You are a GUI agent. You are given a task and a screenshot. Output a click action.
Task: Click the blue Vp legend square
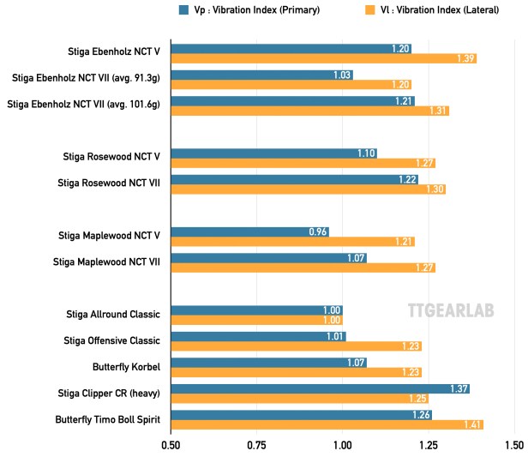pos(184,9)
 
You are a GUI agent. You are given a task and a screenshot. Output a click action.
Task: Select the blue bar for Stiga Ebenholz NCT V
pos(291,49)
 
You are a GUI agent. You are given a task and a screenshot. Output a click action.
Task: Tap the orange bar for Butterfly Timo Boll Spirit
pos(327,424)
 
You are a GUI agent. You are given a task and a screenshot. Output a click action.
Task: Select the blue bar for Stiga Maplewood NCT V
pos(250,232)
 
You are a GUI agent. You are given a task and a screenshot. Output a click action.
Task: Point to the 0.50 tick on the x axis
pos(171,445)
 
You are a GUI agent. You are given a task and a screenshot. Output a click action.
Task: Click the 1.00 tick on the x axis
pos(343,445)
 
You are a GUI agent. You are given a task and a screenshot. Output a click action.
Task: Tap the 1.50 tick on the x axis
pos(513,445)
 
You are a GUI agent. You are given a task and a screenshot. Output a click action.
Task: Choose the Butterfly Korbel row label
pos(127,366)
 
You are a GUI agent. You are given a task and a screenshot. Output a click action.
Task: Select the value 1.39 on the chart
pos(465,58)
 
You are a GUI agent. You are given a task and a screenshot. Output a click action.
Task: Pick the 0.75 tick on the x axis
pos(257,445)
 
